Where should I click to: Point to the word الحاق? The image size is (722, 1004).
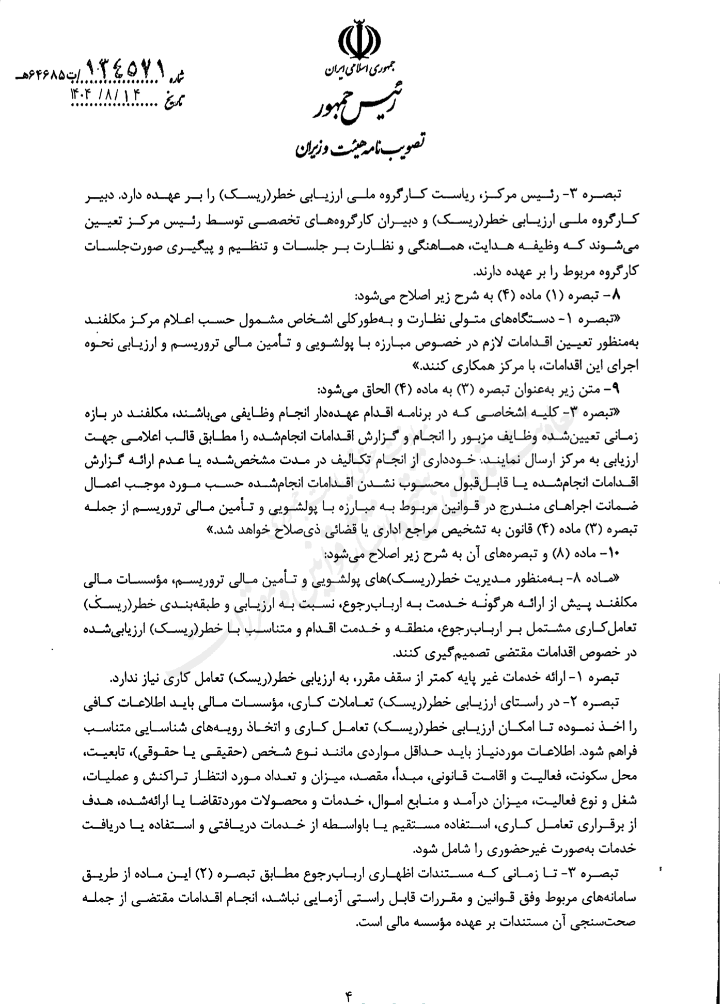pyautogui.click(x=365, y=388)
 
